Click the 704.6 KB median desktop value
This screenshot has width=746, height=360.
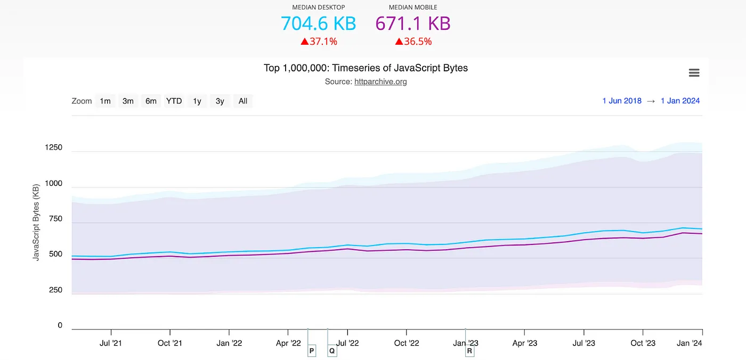[318, 23]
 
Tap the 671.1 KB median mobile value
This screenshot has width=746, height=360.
[413, 23]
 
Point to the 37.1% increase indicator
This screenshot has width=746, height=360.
[319, 41]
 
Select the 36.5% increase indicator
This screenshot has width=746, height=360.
[413, 41]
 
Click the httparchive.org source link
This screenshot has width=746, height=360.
[380, 81]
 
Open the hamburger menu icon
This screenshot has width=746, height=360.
[694, 73]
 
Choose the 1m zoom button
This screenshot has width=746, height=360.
[106, 101]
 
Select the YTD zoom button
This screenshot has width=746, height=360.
[174, 101]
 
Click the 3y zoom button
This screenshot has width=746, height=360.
[220, 101]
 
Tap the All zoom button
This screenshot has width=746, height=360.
[243, 101]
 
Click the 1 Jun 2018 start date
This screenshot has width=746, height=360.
[622, 101]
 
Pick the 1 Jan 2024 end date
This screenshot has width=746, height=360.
[680, 101]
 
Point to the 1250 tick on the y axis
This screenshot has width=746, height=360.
[54, 148]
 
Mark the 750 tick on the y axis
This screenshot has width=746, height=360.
[56, 219]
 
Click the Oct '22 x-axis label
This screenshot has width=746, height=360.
[407, 343]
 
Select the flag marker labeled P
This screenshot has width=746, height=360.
[312, 351]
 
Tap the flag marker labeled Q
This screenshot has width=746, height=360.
[332, 351]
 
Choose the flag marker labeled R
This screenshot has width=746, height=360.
[469, 351]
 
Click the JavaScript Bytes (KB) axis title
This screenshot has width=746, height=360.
[36, 223]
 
